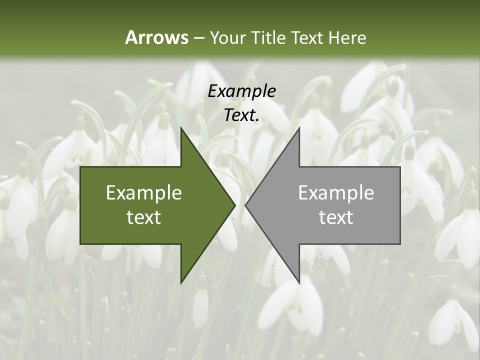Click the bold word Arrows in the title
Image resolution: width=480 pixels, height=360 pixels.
tap(156, 37)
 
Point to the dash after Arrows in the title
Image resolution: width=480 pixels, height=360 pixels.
tap(198, 38)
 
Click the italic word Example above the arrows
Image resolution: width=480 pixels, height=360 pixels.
tap(242, 91)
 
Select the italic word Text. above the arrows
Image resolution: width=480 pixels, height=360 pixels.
tap(242, 115)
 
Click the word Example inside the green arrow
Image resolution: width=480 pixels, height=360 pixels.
tap(144, 193)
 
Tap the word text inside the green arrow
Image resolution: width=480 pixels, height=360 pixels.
tap(144, 217)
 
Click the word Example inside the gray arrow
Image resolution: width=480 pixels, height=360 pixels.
tap(336, 193)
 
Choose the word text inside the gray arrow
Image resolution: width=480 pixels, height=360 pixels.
tap(336, 217)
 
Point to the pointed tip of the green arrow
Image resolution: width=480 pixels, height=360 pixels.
tap(235, 205)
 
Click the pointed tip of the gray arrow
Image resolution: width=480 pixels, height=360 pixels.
tap(245, 205)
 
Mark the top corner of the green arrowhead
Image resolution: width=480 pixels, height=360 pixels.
tap(181, 128)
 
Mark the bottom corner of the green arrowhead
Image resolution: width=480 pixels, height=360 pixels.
tap(181, 283)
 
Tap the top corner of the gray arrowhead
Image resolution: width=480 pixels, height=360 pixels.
tap(299, 128)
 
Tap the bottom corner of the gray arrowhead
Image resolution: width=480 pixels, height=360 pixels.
tap(299, 283)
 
